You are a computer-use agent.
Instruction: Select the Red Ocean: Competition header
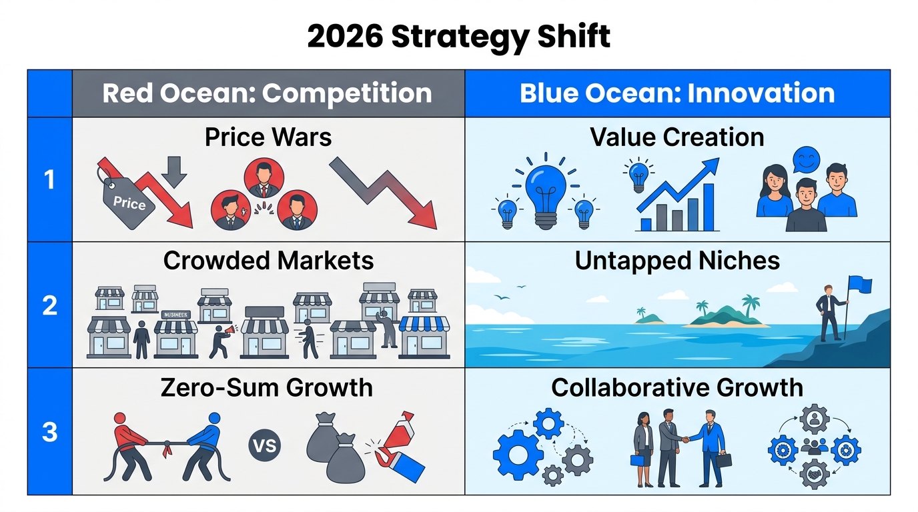[268, 93]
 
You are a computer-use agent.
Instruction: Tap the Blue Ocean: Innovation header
[677, 93]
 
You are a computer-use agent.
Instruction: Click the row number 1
[49, 179]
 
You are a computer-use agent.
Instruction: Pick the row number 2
[49, 305]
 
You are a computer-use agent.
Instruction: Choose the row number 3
[49, 432]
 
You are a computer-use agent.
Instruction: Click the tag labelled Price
[129, 201]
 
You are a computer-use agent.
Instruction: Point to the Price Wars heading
[268, 137]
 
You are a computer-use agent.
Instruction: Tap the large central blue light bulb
[546, 191]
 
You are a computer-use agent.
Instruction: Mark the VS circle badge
[265, 445]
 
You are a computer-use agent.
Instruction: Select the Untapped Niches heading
[677, 261]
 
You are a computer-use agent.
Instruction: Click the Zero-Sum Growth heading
[267, 387]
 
